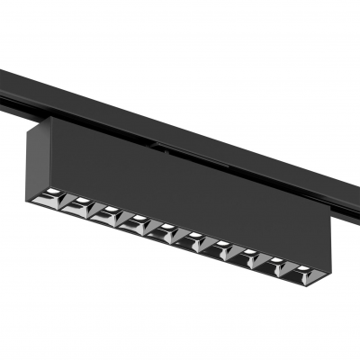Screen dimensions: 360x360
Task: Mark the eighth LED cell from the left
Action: [x=249, y=255]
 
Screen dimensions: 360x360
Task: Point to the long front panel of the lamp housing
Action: [x=180, y=189]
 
